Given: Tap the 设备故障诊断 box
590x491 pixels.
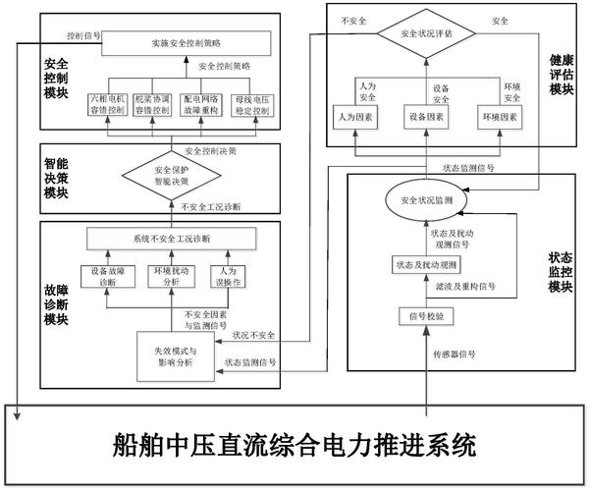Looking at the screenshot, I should [x=102, y=277].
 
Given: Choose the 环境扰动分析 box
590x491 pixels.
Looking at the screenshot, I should [x=168, y=277].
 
